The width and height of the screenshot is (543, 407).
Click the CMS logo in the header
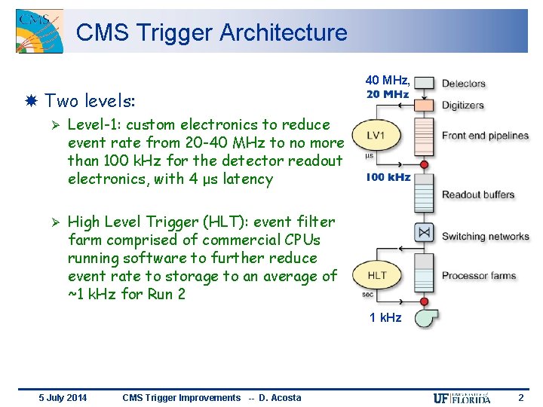coord(39,32)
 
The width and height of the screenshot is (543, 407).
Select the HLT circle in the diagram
coord(376,275)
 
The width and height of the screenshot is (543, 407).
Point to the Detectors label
coord(463,84)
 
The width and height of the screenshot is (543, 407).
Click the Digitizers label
coord(462,106)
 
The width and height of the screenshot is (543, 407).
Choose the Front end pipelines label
coord(485,136)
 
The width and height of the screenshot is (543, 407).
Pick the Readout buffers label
coord(478,195)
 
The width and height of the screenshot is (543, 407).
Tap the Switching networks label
coord(485,236)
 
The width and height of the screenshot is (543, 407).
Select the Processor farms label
coord(478,275)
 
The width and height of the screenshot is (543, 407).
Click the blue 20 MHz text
coord(388,94)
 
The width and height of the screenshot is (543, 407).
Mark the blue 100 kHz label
coord(388,177)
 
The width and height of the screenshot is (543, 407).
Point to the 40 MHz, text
coord(388,80)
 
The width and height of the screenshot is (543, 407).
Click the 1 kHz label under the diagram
coord(385,317)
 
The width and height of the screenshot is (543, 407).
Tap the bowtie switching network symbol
coord(425,233)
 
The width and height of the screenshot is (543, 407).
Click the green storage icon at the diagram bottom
coord(425,317)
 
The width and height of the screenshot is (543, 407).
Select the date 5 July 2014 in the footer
coord(63,398)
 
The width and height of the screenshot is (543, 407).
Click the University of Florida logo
coord(462,398)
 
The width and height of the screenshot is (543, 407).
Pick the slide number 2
coord(520,397)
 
